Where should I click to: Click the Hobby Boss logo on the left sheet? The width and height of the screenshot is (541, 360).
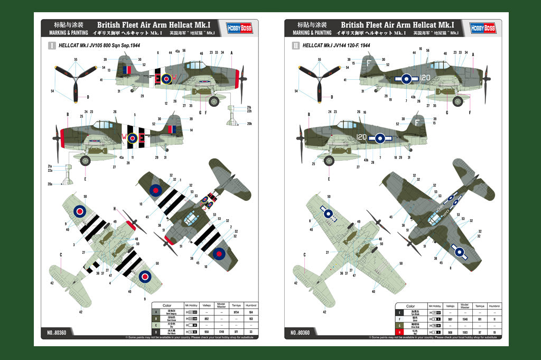click(x=239, y=28)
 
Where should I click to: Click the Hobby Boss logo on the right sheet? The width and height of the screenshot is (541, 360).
click(x=482, y=28)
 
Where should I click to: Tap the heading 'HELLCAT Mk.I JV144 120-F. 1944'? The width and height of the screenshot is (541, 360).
click(x=336, y=46)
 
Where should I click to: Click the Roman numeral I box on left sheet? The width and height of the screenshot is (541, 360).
click(x=52, y=46)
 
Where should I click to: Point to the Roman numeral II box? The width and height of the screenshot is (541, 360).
click(x=295, y=46)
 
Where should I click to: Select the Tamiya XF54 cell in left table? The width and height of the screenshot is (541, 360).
click(x=236, y=312)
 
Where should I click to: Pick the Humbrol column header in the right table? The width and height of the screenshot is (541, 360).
click(x=495, y=306)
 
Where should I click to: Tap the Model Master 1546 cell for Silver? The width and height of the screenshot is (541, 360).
click(x=464, y=319)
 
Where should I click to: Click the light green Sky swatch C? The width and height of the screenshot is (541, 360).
click(x=156, y=325)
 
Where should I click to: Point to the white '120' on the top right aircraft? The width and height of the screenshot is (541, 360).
click(x=426, y=77)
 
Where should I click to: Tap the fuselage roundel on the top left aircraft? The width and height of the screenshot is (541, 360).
click(x=166, y=79)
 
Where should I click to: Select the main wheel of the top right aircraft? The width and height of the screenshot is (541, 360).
click(x=458, y=101)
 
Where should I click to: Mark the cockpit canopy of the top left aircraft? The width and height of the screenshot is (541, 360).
click(x=196, y=66)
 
